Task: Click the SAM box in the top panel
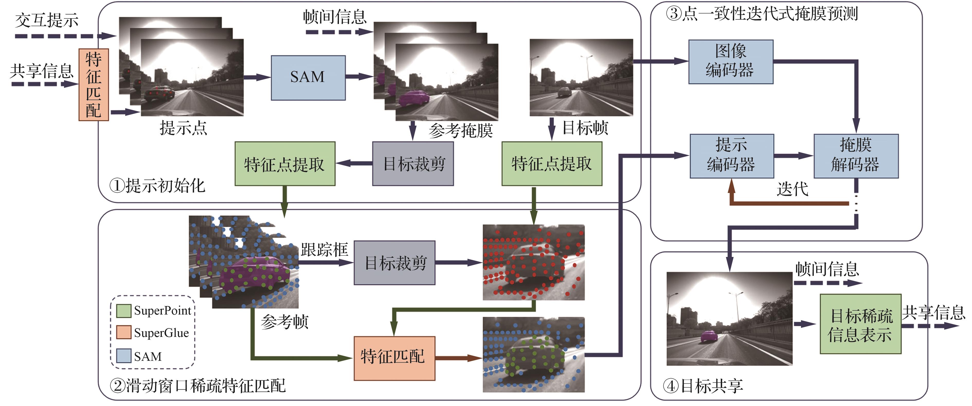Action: tap(308, 78)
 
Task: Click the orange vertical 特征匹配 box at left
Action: tap(94, 85)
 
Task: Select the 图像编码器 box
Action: tap(731, 61)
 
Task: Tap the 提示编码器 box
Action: tap(731, 156)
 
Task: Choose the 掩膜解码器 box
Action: tap(856, 156)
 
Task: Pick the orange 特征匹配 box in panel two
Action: tap(394, 358)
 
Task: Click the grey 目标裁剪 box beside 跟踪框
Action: tap(394, 263)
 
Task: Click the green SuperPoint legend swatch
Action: tap(123, 311)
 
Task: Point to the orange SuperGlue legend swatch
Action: tap(123, 333)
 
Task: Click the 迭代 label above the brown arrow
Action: tap(793, 189)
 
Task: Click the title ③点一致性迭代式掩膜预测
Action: tap(761, 14)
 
